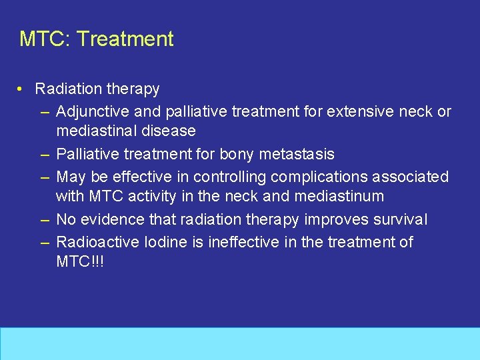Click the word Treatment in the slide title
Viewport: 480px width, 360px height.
[125, 39]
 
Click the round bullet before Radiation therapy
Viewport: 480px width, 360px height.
[22, 89]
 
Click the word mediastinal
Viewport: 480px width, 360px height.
[97, 131]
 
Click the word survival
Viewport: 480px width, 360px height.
[400, 219]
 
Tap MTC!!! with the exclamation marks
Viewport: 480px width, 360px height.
[80, 262]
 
